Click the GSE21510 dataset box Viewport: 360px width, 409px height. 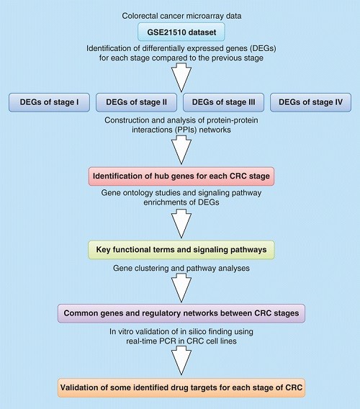(181, 32)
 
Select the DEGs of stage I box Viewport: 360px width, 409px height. (49, 102)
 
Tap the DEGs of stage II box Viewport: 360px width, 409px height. (136, 102)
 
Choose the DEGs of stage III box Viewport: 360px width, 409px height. (224, 102)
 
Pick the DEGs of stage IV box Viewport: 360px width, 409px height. (311, 102)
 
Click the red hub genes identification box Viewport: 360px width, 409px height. (181, 176)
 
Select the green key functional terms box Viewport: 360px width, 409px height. (181, 250)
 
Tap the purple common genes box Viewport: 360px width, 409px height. (181, 313)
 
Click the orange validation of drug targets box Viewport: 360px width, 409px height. (181, 388)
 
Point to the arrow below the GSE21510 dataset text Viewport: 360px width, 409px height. (181, 78)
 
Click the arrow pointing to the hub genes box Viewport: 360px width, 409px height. (181, 150)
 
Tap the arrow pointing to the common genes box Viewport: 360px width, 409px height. (181, 288)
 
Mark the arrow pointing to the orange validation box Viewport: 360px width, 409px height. (181, 361)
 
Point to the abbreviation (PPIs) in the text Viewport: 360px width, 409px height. (186, 130)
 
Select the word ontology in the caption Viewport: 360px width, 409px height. (137, 193)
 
